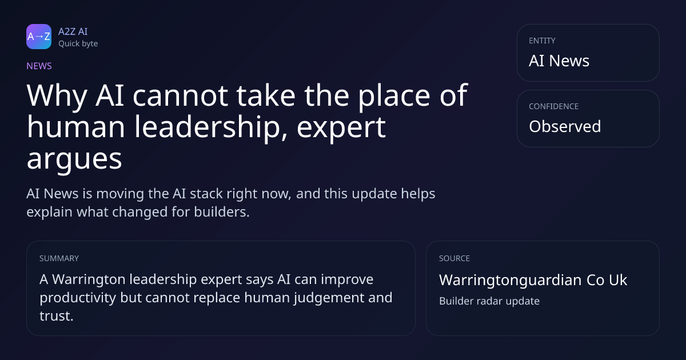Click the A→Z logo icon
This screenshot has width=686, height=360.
point(39,37)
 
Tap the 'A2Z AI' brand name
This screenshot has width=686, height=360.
point(73,31)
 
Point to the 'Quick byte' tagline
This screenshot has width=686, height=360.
point(78,44)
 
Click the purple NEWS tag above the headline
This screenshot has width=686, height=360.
point(39,66)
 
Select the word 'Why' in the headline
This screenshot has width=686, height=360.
point(57,96)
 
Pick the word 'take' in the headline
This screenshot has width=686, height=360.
point(266,95)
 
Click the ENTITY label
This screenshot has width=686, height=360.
point(542,41)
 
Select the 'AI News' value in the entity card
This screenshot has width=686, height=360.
point(559,61)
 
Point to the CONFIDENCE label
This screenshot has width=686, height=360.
point(554,106)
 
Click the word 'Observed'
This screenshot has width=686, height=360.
point(565,126)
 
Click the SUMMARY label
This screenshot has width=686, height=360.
point(59,258)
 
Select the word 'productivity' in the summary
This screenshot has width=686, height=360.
point(78,298)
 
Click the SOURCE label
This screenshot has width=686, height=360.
point(454,258)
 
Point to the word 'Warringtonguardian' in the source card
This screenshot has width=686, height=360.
point(510,280)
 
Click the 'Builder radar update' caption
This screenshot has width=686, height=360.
point(489,301)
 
